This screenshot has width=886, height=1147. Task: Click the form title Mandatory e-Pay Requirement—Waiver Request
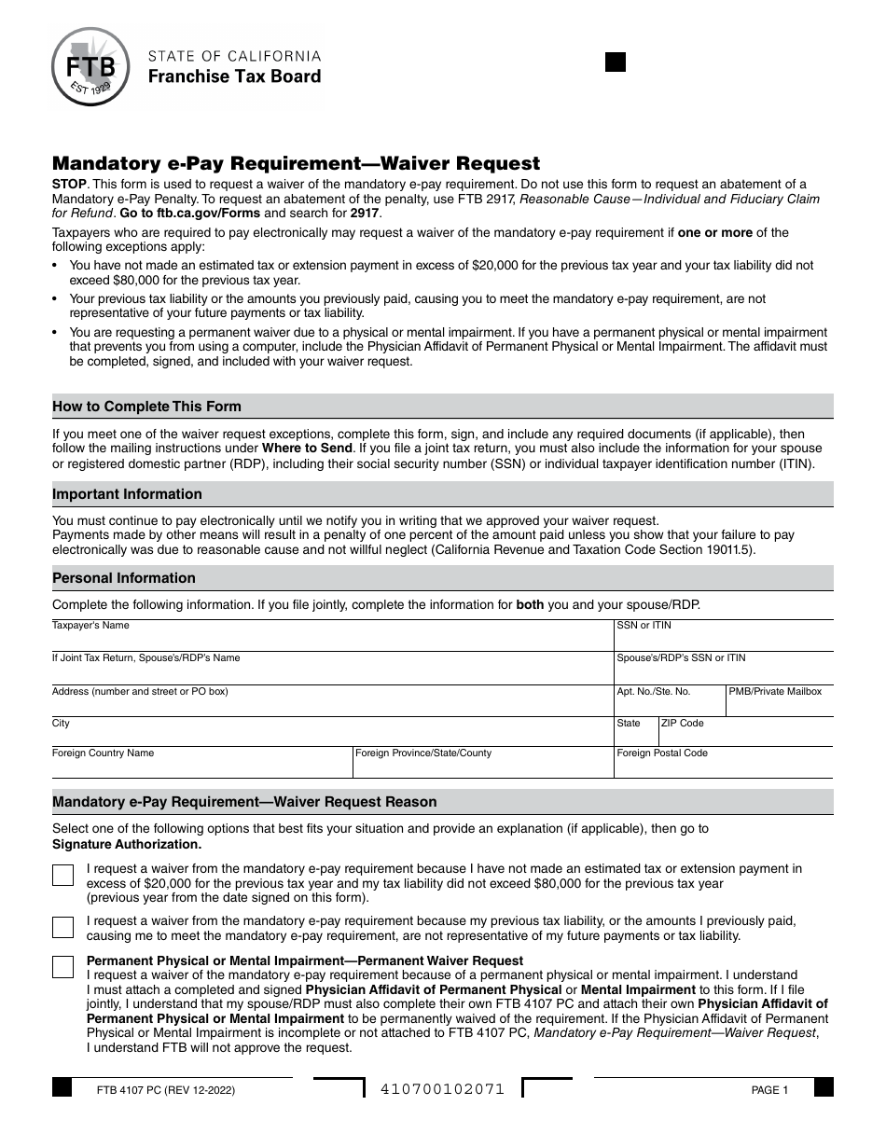296,163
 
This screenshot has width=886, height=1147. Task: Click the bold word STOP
70,185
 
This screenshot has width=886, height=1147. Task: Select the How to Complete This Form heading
146,407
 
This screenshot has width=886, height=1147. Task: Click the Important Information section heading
127,494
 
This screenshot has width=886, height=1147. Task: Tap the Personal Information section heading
124,578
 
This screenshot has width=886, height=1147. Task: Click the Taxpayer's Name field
331,639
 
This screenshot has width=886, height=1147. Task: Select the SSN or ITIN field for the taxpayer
723,639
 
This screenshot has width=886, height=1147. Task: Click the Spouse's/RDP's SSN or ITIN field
723,670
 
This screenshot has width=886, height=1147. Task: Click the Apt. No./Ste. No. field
669,704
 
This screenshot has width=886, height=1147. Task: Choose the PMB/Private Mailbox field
780,704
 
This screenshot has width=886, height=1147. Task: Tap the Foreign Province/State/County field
481,765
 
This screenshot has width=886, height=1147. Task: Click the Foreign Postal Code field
723,765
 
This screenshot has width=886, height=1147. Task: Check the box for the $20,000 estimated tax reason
63,876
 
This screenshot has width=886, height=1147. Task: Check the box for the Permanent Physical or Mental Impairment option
63,967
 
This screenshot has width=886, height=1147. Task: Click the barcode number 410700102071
443,1089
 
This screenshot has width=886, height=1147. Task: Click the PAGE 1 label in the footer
769,1090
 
